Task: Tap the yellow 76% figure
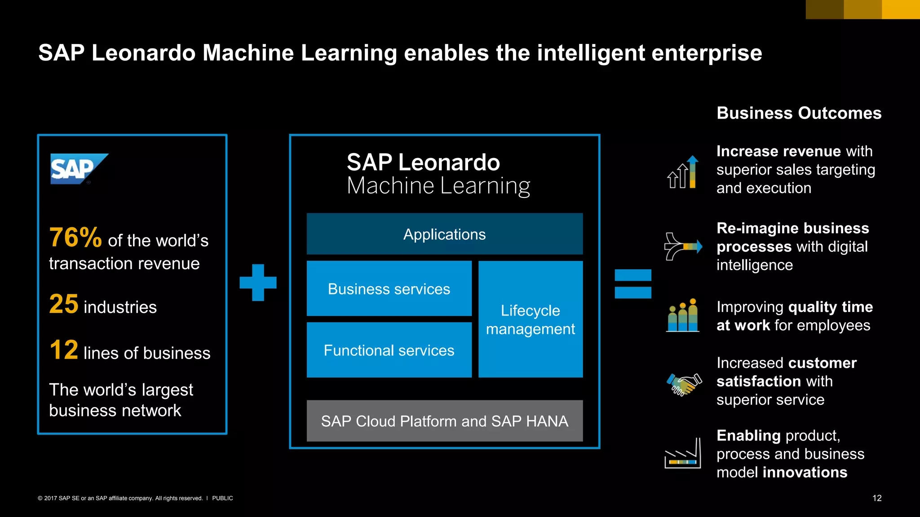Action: point(75,237)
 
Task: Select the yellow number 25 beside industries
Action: point(64,304)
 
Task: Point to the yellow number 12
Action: point(64,350)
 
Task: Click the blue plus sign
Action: point(258,282)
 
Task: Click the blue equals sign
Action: point(632,284)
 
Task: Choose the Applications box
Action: point(444,234)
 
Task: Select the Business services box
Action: point(389,289)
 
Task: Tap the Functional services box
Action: point(389,350)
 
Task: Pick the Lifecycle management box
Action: point(530,319)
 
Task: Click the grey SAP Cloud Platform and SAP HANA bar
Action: point(444,421)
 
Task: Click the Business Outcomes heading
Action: point(799,113)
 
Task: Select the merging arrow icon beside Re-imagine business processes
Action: point(683,246)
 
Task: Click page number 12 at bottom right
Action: point(877,498)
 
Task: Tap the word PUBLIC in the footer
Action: point(222,498)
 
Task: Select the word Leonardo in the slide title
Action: point(143,53)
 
